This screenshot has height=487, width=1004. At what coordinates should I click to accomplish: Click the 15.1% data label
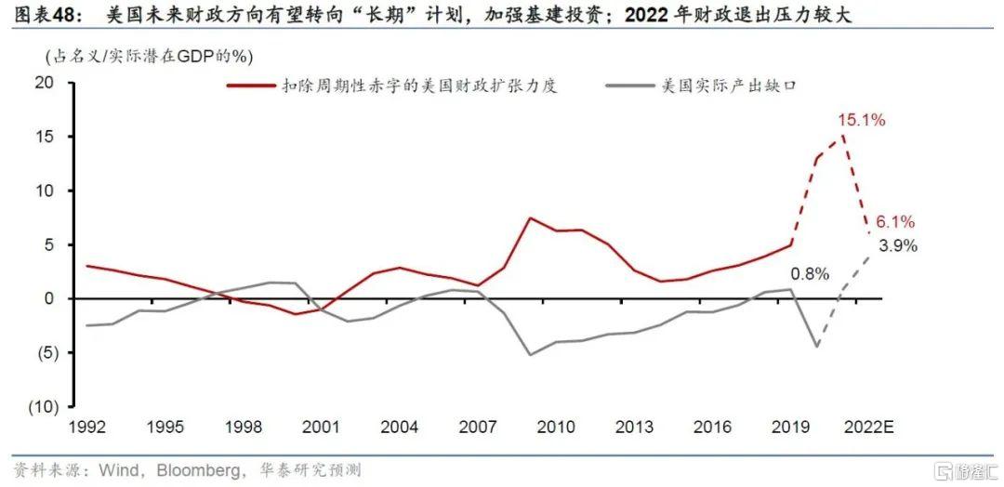[861, 120]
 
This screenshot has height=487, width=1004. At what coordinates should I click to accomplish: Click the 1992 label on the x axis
[88, 428]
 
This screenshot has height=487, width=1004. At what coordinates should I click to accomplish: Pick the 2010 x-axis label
[555, 428]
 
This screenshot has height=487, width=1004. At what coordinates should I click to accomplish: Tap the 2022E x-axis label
[867, 428]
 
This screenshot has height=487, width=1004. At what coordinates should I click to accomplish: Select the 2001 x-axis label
[322, 428]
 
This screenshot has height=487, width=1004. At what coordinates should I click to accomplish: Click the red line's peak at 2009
[529, 217]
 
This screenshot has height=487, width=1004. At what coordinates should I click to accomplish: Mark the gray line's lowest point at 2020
[817, 347]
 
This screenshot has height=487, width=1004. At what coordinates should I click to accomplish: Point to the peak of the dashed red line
[843, 137]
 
